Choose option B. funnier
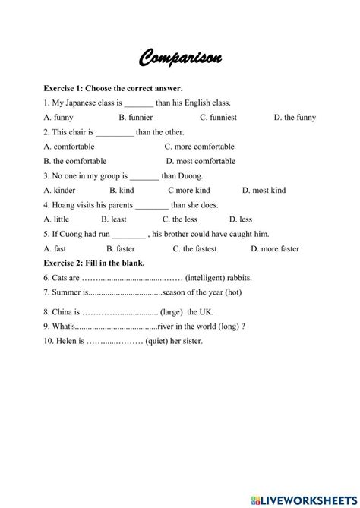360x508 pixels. [x=136, y=118]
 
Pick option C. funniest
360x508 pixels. [x=220, y=118]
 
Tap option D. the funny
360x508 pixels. [x=295, y=118]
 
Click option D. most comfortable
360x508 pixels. [x=201, y=161]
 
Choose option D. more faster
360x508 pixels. [x=275, y=248]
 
